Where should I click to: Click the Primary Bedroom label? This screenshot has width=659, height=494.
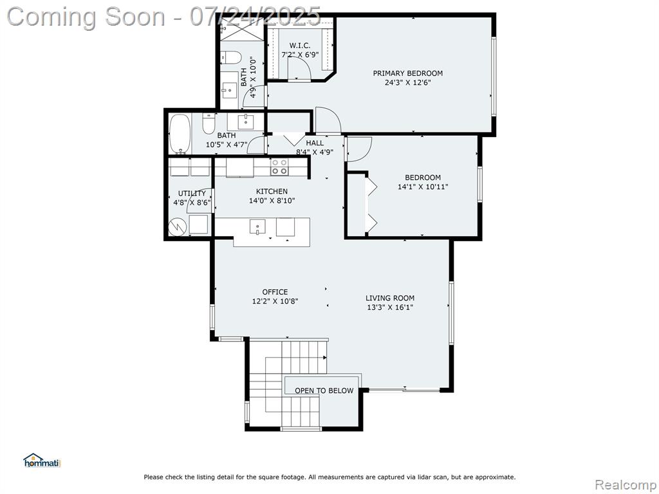(407, 73)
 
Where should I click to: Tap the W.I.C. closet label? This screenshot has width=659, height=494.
(300, 46)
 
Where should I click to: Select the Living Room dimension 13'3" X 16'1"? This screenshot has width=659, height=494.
(390, 307)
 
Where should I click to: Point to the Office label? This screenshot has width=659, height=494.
(275, 291)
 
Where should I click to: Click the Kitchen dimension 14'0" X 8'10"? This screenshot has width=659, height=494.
(272, 201)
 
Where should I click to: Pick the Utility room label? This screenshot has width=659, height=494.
(192, 193)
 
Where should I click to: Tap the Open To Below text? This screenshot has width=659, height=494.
(324, 390)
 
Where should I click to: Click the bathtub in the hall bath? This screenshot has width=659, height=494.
(180, 134)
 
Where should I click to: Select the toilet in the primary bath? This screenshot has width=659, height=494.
(231, 57)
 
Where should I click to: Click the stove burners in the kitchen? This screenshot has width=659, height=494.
(279, 167)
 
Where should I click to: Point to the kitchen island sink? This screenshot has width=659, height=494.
(257, 227)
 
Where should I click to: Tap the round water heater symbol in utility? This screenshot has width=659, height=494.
(178, 227)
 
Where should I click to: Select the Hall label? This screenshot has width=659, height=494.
(315, 143)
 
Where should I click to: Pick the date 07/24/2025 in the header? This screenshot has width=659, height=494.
(255, 17)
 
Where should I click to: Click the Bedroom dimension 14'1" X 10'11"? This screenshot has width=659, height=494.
(423, 187)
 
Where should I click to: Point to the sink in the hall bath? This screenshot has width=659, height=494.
(245, 122)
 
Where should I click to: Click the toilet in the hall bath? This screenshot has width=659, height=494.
(209, 124)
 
